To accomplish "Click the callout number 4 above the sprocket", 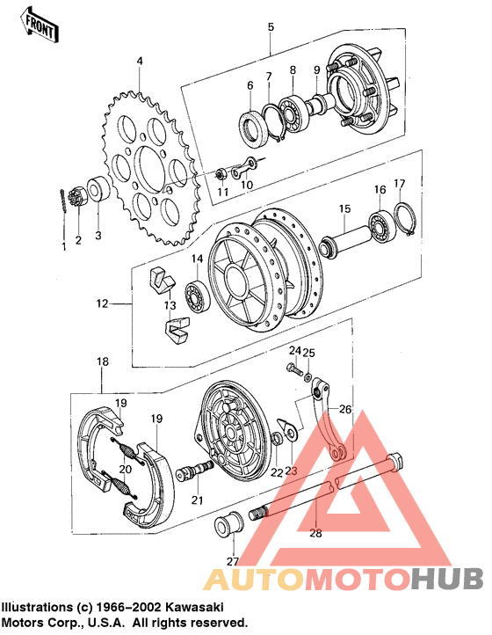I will click(x=139, y=61).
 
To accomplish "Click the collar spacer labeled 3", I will click(x=98, y=191).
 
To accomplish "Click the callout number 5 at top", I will click(x=271, y=27).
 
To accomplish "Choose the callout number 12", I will click(x=103, y=304).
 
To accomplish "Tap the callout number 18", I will click(x=103, y=361).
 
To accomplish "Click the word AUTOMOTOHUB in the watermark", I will click(x=344, y=578).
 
